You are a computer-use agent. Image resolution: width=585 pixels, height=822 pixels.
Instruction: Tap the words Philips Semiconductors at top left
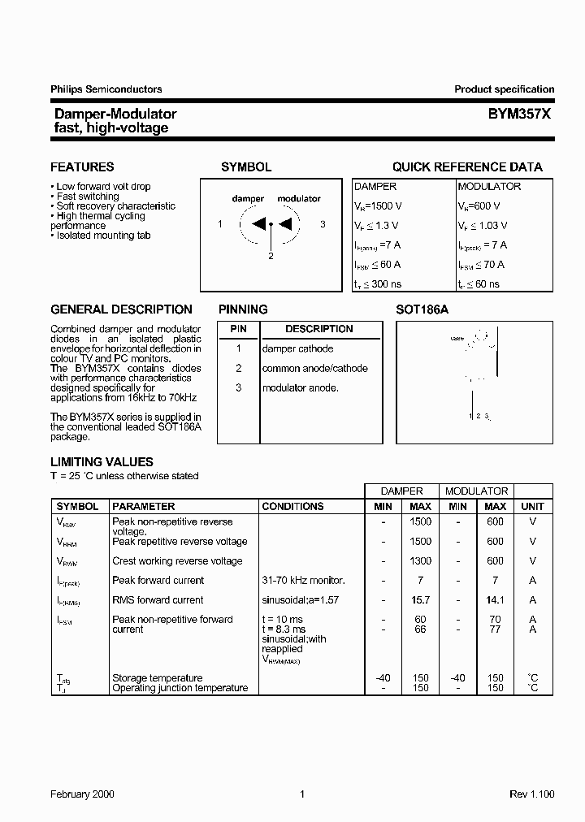click(x=106, y=89)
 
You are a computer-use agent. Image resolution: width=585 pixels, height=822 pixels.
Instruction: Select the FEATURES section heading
click(x=82, y=167)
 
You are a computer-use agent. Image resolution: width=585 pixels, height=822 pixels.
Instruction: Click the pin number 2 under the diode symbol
click(x=271, y=256)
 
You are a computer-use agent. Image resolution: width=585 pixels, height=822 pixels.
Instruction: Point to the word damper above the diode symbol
click(x=248, y=198)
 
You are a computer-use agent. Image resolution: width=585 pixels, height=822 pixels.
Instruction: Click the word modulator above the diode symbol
click(x=299, y=198)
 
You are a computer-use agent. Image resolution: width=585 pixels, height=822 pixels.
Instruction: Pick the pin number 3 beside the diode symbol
click(x=323, y=224)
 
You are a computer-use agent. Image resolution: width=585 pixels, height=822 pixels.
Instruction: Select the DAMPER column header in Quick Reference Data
click(x=375, y=186)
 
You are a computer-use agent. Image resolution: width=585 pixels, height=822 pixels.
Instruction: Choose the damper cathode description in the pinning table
click(x=297, y=348)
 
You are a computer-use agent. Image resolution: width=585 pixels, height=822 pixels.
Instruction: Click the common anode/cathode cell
click(x=314, y=368)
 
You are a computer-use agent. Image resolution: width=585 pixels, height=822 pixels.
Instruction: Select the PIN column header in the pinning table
click(x=238, y=329)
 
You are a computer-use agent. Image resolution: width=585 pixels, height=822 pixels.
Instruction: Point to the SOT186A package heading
click(x=422, y=309)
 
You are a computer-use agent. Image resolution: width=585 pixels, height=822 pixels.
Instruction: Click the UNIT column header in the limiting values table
click(x=532, y=506)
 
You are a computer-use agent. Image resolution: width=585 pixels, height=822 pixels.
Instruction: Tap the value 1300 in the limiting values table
click(x=421, y=560)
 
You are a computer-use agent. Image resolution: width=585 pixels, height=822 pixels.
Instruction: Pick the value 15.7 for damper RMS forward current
click(x=419, y=599)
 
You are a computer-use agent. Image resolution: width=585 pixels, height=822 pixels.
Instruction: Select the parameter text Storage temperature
click(x=158, y=678)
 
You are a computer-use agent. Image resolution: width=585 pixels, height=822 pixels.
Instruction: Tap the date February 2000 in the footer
click(x=83, y=794)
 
